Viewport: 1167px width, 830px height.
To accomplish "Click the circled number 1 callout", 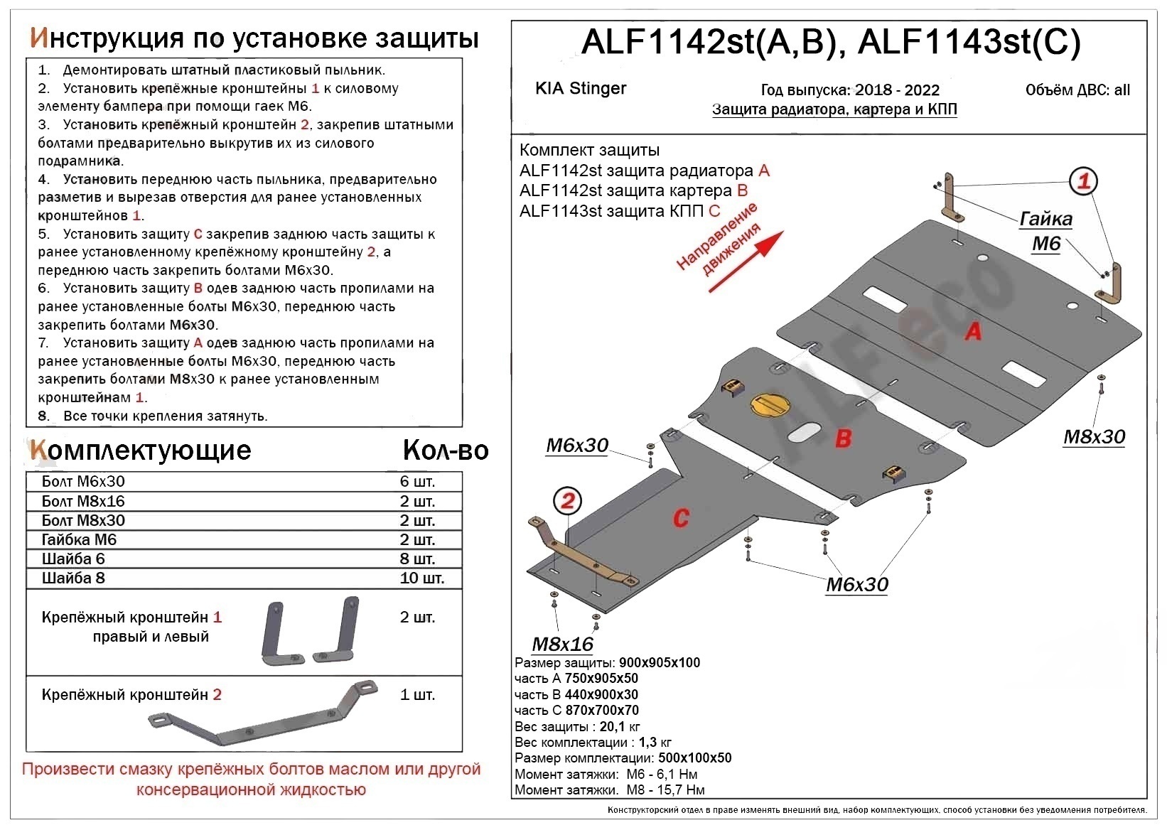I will click(1083, 182).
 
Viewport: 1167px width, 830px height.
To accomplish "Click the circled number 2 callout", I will click(567, 501).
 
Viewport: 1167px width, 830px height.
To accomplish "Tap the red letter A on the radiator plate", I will click(973, 330).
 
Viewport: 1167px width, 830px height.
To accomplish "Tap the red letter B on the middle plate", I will click(843, 438).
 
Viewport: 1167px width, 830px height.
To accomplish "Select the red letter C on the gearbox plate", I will click(681, 518).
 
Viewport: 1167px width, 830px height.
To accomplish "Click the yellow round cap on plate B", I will click(768, 404).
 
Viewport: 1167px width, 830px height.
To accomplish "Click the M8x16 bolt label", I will click(562, 644).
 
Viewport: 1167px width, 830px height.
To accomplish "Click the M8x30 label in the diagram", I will click(1094, 437).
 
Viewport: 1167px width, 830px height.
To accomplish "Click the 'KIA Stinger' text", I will click(581, 89).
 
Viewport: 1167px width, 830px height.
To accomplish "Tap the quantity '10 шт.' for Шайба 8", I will click(421, 578).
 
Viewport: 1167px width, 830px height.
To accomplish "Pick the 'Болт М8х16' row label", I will click(83, 502).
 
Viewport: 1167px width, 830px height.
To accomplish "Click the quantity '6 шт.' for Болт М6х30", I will click(417, 482).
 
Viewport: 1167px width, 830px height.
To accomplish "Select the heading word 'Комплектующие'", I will click(140, 451).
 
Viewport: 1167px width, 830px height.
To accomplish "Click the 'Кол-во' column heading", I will click(446, 451).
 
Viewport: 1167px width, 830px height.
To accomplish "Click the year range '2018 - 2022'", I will click(897, 90).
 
